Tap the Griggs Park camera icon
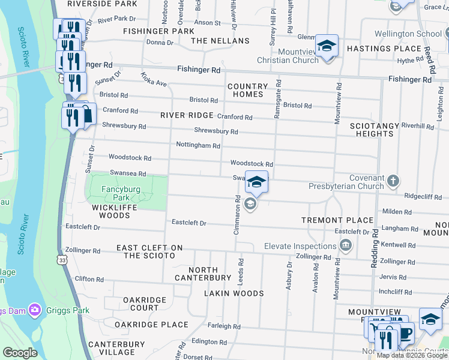(x=35, y=310)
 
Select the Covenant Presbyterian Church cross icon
(x=393, y=181)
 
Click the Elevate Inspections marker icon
(x=345, y=245)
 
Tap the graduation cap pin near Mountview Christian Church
(x=327, y=46)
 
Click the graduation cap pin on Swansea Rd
(x=256, y=182)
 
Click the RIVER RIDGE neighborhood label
(x=187, y=115)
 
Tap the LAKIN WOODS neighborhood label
(x=234, y=293)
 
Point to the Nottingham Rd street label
(x=198, y=145)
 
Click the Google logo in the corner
(x=20, y=353)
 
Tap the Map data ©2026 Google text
(x=411, y=355)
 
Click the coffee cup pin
(x=406, y=332)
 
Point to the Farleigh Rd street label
(x=224, y=326)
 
